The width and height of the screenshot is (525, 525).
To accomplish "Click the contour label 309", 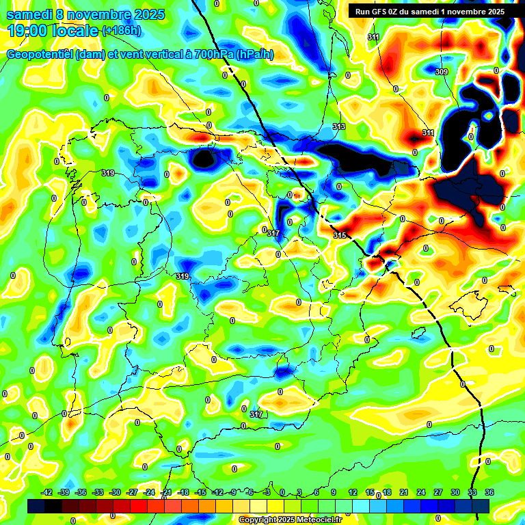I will pos(441,72).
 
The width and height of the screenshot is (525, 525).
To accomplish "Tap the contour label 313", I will pos(339,127).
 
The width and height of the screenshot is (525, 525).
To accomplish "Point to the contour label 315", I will pos(340,235).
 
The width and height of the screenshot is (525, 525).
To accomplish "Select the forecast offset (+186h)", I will pos(122,30).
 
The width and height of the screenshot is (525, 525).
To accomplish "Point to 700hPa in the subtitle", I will pos(208,55).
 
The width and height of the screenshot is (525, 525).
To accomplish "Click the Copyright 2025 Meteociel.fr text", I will pos(290,520).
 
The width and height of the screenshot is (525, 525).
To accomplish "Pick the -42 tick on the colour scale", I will pos(47,493).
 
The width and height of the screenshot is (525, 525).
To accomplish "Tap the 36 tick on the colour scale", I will pos(489,493).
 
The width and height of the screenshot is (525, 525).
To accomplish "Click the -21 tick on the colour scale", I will pos(166,493).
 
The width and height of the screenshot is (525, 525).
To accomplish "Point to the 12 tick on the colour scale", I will pos(353,493).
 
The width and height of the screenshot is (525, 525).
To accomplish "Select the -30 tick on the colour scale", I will pos(115,493).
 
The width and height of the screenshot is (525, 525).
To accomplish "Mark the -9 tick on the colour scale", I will pos(234,493).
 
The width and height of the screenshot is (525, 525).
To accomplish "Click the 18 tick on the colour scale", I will pos(387,493).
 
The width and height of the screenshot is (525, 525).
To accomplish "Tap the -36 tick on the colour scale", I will pos(81,493).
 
